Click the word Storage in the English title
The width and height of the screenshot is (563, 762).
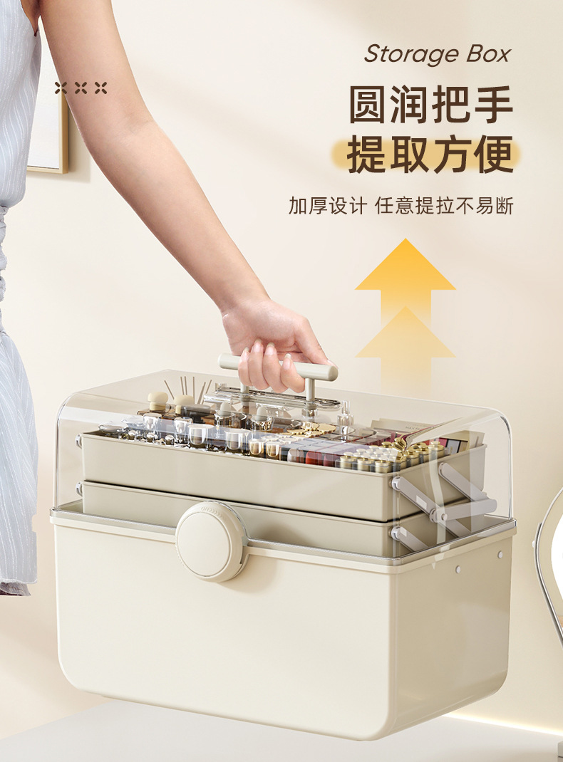tap(413, 54)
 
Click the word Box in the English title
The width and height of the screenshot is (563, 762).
tap(489, 53)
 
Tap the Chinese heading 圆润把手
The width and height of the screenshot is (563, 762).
tap(430, 105)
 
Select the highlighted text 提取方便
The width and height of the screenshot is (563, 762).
tap(430, 155)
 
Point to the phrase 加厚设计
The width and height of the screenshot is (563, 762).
tap(327, 206)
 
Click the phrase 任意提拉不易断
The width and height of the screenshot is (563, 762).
tap(445, 206)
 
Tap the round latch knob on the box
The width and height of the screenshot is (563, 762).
tap(211, 541)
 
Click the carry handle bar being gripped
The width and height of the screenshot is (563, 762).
tap(277, 367)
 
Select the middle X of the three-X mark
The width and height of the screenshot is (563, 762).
tap(81, 88)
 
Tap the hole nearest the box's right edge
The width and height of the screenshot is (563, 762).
tap(500, 555)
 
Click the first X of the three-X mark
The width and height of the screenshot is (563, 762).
tap(61, 88)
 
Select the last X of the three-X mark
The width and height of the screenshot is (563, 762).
tap(100, 88)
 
